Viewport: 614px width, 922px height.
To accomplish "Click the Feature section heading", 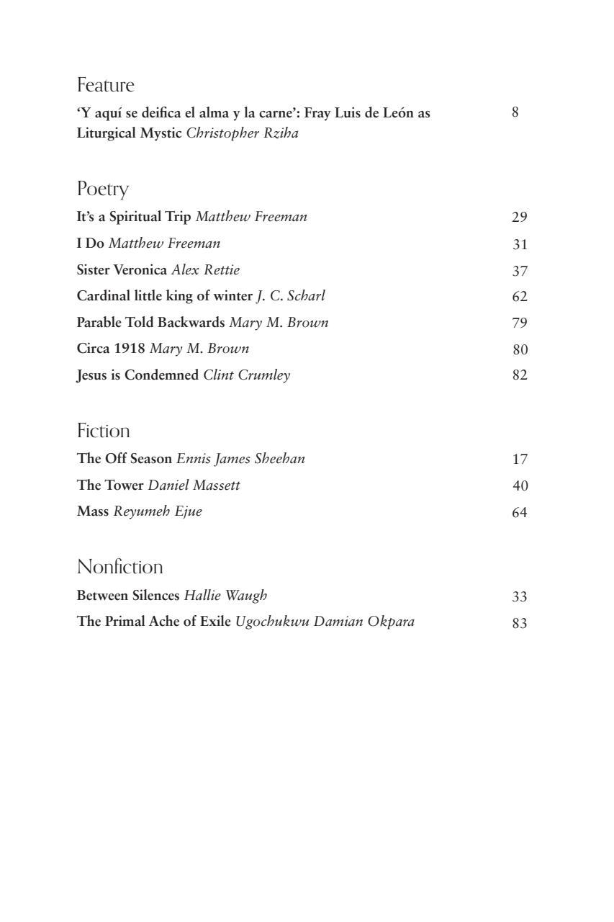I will click(106, 86).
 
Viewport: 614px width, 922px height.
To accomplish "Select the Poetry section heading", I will click(102, 189).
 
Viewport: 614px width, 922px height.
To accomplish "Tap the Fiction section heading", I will click(103, 431).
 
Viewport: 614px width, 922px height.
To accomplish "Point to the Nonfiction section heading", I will click(119, 568).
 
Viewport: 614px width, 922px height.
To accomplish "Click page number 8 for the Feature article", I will click(515, 112).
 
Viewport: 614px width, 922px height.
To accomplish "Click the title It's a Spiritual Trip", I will click(134, 217).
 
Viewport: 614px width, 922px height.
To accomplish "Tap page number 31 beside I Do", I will click(520, 245).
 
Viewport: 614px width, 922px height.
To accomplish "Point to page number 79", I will click(520, 323).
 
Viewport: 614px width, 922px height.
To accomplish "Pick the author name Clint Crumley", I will click(247, 375).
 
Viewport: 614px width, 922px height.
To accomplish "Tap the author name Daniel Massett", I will click(194, 485).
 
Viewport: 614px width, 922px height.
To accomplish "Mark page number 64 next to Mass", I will click(520, 513).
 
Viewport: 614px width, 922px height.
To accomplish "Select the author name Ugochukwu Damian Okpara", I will click(325, 622).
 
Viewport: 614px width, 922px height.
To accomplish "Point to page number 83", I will click(520, 624).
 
